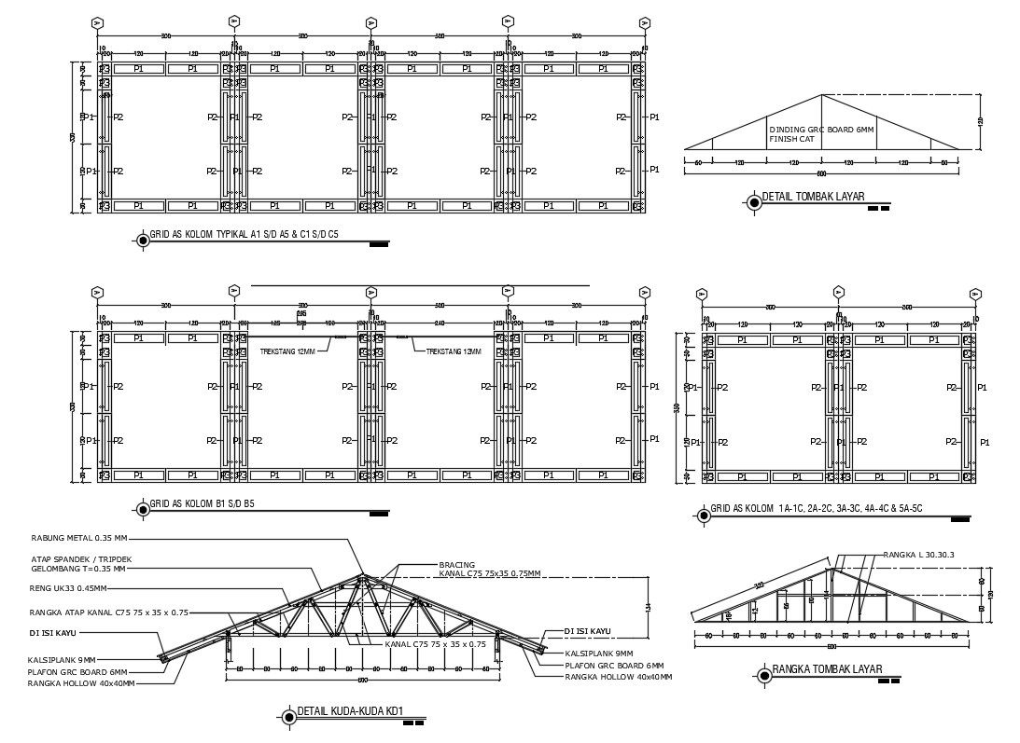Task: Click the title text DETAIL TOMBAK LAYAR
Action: pyautogui.click(x=813, y=197)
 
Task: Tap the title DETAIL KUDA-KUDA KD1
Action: pyautogui.click(x=350, y=713)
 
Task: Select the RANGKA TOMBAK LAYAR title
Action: pyautogui.click(x=826, y=669)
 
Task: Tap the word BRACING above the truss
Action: pyautogui.click(x=457, y=564)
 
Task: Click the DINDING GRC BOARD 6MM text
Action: pyautogui.click(x=821, y=130)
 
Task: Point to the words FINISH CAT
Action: pyautogui.click(x=792, y=139)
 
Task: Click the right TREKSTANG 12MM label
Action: pyautogui.click(x=454, y=351)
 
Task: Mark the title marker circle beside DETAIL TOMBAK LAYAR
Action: pyautogui.click(x=753, y=200)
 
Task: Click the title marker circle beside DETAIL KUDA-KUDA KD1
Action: pyautogui.click(x=287, y=716)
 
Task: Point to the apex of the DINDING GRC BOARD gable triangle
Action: pyautogui.click(x=821, y=95)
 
